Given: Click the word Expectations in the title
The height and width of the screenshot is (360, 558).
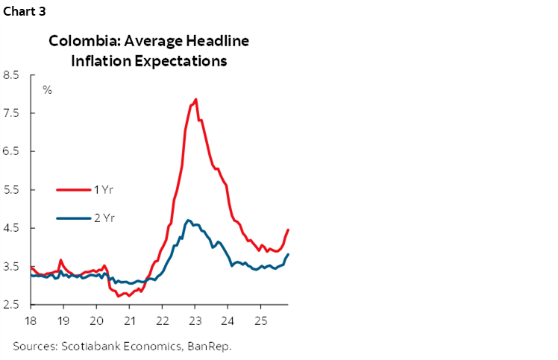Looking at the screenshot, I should pyautogui.click(x=178, y=61).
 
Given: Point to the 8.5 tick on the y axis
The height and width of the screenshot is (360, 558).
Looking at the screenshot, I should pyautogui.click(x=11, y=75).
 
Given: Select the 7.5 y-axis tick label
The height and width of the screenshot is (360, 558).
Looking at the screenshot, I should pyautogui.click(x=11, y=113).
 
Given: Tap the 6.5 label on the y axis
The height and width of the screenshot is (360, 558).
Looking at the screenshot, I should pyautogui.click(x=11, y=151).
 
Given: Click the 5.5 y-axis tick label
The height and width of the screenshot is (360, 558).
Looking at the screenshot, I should pyautogui.click(x=11, y=190).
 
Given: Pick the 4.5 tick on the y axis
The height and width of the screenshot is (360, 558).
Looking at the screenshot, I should pyautogui.click(x=11, y=228).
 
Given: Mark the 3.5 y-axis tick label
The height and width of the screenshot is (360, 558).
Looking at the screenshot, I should pyautogui.click(x=11, y=267).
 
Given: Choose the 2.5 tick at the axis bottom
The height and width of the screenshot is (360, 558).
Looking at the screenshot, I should pyautogui.click(x=11, y=305).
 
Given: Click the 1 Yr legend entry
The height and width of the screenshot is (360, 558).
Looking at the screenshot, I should pyautogui.click(x=103, y=189).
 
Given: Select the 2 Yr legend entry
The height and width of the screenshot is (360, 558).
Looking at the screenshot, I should pyautogui.click(x=103, y=218).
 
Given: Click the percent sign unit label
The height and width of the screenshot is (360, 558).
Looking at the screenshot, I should pyautogui.click(x=47, y=90).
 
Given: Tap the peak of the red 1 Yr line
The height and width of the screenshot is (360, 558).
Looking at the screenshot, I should pyautogui.click(x=195, y=99).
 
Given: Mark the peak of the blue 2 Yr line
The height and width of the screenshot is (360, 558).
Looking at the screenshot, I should pyautogui.click(x=188, y=220).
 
